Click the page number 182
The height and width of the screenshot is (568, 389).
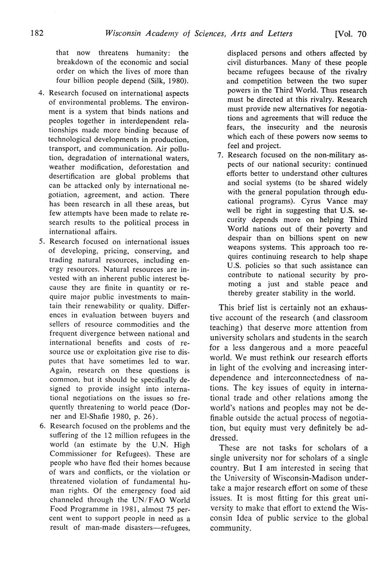(x=37, y=33)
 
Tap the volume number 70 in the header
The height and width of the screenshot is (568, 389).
(x=361, y=34)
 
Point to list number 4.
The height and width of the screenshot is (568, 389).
(x=41, y=93)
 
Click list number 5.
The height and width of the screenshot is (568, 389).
(x=41, y=242)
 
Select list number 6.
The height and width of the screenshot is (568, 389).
(x=41, y=426)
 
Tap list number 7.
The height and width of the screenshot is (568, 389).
(x=220, y=155)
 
